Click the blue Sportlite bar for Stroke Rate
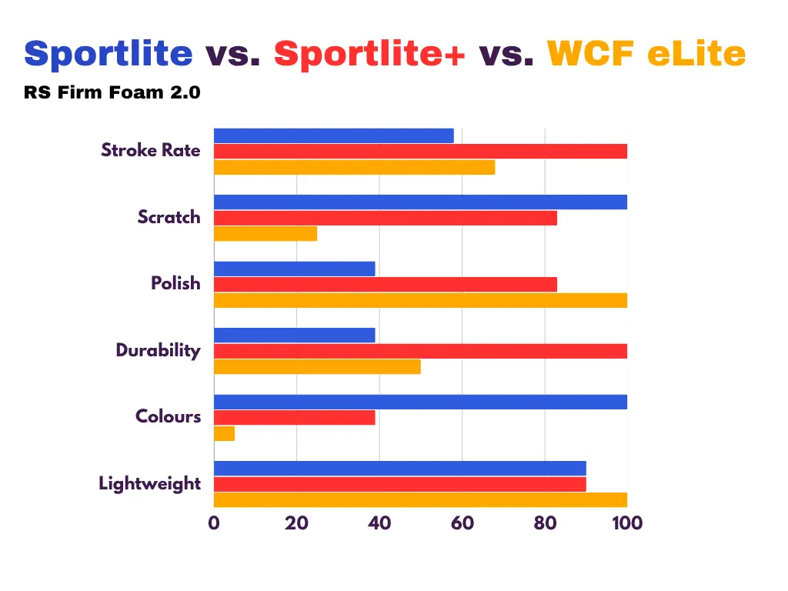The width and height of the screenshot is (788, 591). click(334, 135)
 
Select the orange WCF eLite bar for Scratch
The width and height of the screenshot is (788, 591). click(265, 234)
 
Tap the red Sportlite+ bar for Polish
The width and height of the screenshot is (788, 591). click(386, 285)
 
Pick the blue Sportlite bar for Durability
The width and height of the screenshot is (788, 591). click(295, 336)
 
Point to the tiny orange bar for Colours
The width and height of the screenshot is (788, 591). click(224, 434)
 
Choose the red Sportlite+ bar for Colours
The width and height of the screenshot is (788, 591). click(295, 418)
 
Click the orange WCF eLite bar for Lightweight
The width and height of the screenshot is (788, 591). click(421, 500)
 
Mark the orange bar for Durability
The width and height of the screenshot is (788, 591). click(317, 367)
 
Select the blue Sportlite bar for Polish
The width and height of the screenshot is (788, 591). click(295, 269)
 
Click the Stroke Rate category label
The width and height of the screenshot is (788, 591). click(151, 150)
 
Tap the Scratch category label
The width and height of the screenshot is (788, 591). click(169, 217)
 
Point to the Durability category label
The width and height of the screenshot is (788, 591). click(159, 350)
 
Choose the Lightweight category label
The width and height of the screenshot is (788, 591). click(150, 483)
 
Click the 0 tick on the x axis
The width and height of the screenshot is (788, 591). click(214, 523)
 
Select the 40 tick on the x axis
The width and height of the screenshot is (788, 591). click(379, 523)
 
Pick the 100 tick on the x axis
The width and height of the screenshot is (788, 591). click(627, 523)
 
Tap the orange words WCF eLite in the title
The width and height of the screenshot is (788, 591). click(646, 53)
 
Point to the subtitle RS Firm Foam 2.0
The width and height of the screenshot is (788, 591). click(112, 92)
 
